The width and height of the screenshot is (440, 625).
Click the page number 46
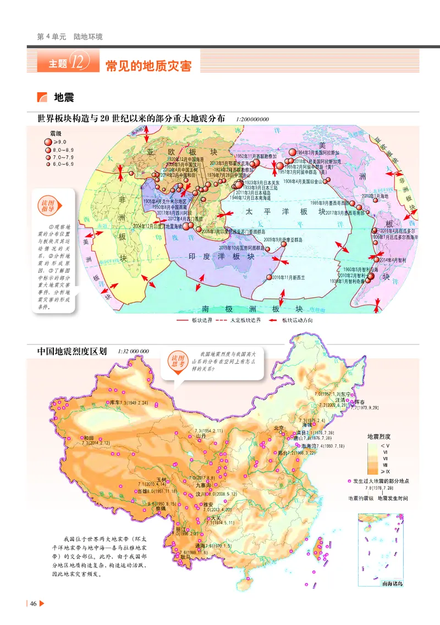(x=34, y=604)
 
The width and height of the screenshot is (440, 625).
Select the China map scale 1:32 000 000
(x=133, y=350)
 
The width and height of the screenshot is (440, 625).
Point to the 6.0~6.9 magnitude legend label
(x=63, y=164)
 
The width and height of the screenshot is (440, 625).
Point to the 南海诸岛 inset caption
(x=392, y=583)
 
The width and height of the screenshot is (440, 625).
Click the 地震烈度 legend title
(x=381, y=436)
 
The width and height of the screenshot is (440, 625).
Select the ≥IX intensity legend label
(x=389, y=471)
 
